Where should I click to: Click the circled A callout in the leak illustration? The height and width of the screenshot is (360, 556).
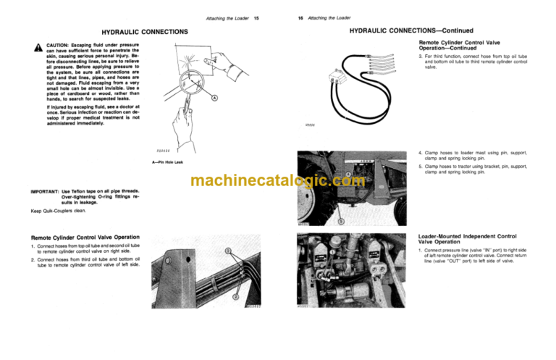pyautogui.click(x=215, y=99)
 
